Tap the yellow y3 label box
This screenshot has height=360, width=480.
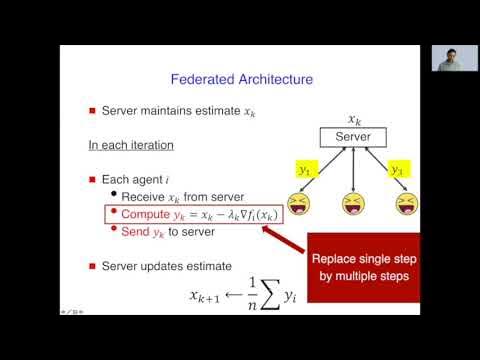pyautogui.click(x=399, y=170)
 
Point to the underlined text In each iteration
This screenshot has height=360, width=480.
pyautogui.click(x=131, y=145)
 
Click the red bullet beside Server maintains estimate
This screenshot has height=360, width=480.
pyautogui.click(x=93, y=111)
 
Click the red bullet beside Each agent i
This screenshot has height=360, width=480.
pyautogui.click(x=93, y=180)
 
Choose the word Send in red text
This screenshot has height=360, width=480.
pyautogui.click(x=138, y=231)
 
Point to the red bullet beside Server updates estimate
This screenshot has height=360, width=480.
pyautogui.click(x=93, y=266)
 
